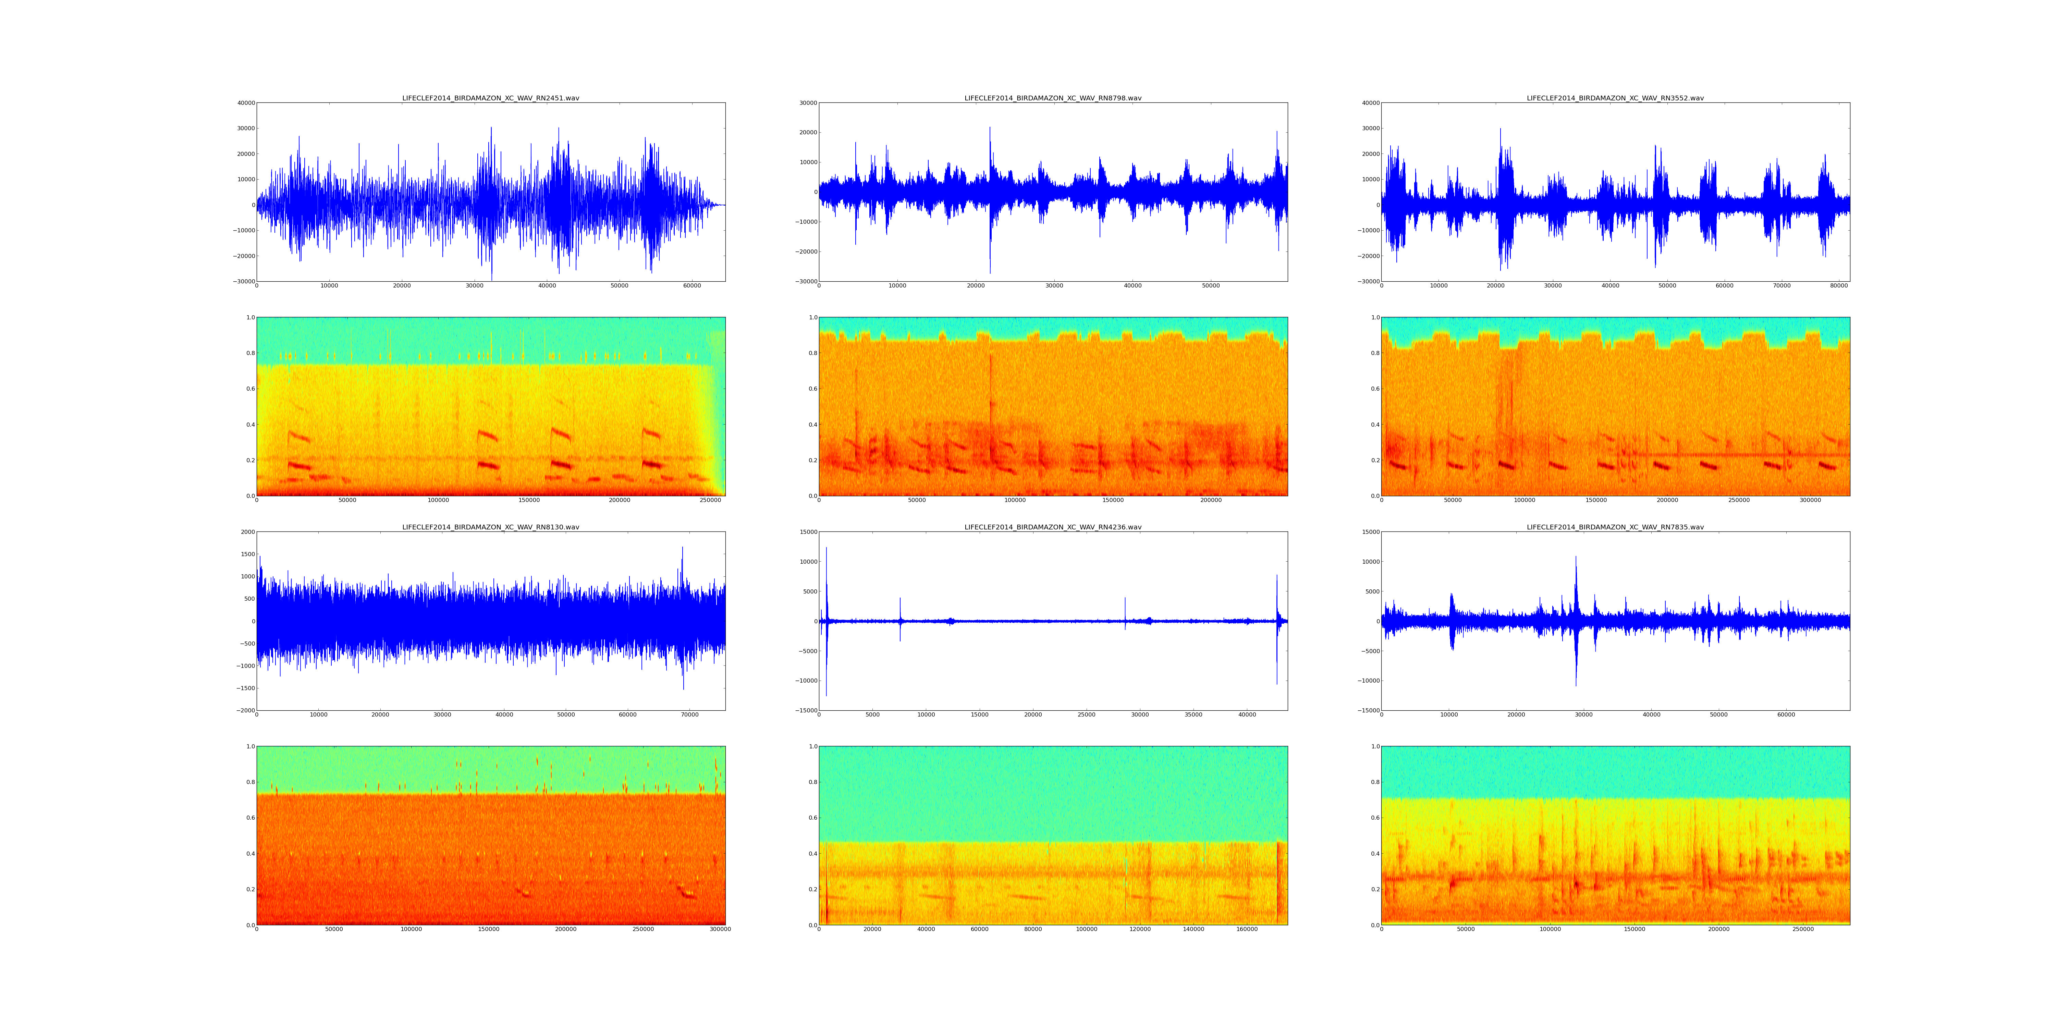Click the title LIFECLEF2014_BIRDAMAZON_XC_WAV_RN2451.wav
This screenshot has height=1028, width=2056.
click(x=490, y=98)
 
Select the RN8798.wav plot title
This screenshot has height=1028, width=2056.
click(x=1053, y=98)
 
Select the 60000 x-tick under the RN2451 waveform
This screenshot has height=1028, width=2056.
click(x=692, y=286)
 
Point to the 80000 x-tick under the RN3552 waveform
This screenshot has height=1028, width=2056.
click(x=1839, y=286)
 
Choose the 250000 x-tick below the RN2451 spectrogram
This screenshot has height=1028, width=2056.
click(x=710, y=500)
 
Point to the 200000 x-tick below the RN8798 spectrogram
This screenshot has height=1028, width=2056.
click(x=1211, y=500)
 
